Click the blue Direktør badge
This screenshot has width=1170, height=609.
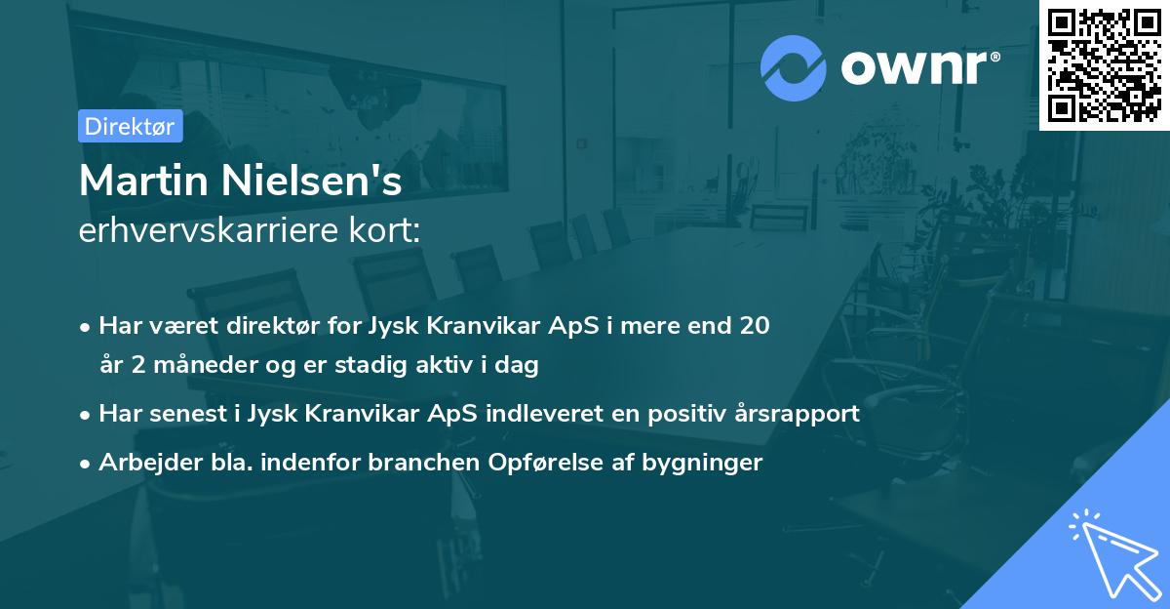130,126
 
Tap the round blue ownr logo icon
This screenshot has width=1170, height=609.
793,67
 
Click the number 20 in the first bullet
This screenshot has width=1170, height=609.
755,325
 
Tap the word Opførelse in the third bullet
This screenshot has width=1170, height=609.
535,462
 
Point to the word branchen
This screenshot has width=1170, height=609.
421,462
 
